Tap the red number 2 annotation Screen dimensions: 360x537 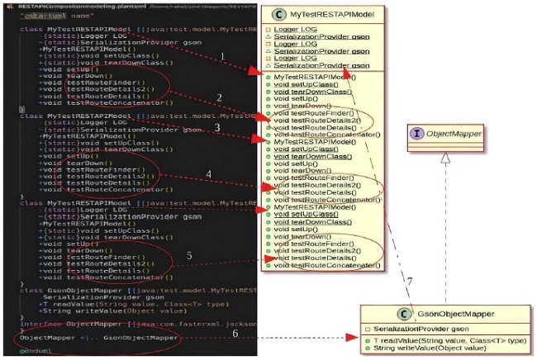tap(219, 97)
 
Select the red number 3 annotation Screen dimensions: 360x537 tap(217, 127)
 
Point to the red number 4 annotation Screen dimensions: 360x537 tap(210, 174)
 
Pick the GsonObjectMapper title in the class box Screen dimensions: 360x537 tap(451, 314)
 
